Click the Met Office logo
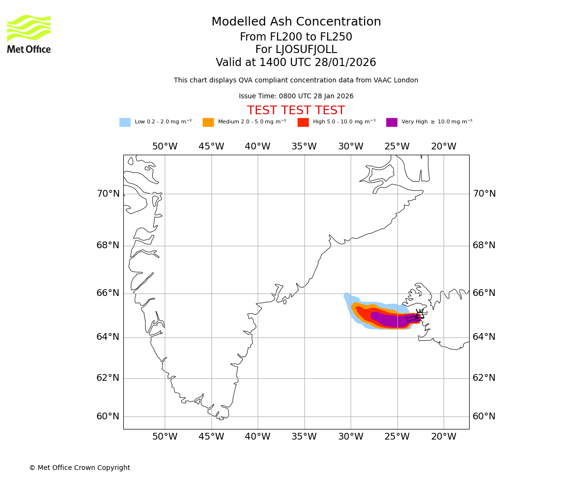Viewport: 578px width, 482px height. tap(29, 34)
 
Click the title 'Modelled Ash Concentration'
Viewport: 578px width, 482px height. tap(296, 22)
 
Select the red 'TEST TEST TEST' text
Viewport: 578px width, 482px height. tap(296, 110)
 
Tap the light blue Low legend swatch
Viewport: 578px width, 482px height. tap(125, 122)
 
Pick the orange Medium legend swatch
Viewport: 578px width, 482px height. tap(208, 122)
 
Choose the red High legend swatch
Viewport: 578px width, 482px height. tap(303, 122)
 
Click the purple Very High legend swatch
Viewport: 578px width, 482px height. tap(392, 122)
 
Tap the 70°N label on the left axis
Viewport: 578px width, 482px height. tap(108, 194)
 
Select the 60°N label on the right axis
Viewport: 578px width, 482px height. tap(484, 416)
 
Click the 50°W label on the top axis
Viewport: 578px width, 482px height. tap(165, 147)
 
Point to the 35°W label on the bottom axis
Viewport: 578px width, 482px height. tap(304, 437)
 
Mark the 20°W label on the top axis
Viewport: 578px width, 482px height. tap(444, 147)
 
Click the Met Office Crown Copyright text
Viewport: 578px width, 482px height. tap(79, 468)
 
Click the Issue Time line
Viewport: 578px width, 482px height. tap(296, 96)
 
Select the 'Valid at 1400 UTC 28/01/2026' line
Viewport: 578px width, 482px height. tap(296, 63)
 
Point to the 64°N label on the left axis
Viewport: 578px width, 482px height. tap(108, 336)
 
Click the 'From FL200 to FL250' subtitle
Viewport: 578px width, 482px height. tap(296, 37)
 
